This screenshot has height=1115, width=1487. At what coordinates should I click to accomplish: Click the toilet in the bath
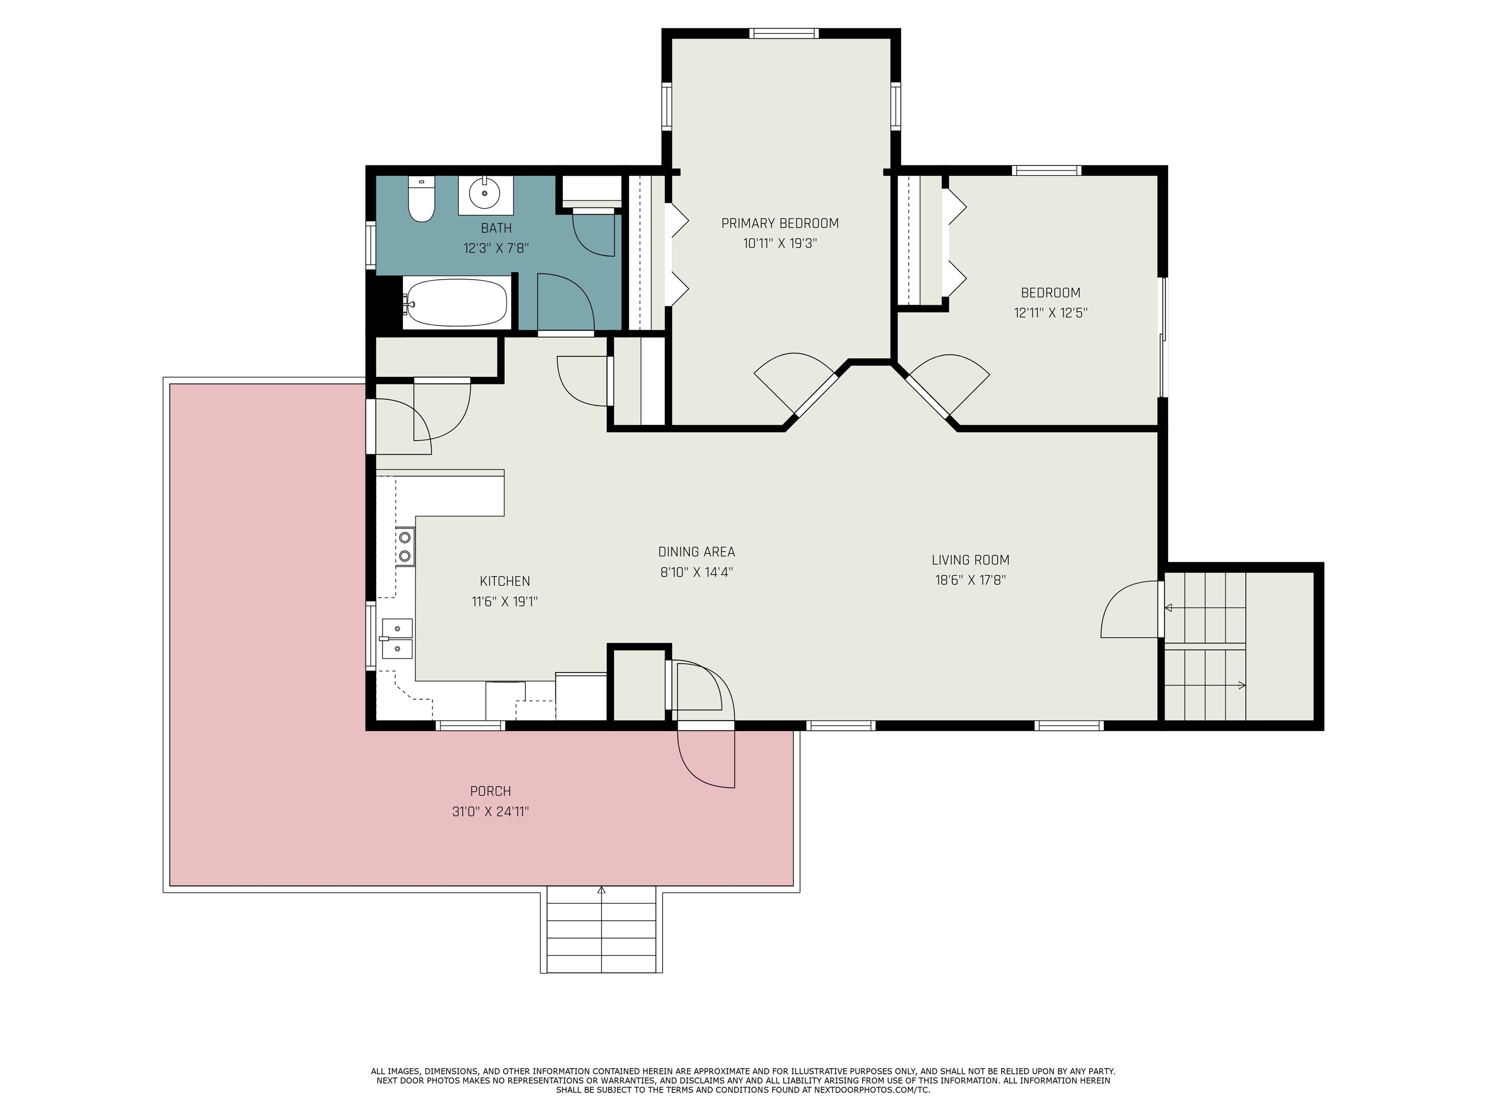tap(422, 199)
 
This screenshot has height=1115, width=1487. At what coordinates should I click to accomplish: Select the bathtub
tap(456, 303)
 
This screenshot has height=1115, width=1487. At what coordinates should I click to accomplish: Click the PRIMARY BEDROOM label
tap(780, 223)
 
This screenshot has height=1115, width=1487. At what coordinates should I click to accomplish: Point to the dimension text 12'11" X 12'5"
tap(1051, 313)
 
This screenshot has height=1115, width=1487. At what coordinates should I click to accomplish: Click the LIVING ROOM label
tap(970, 560)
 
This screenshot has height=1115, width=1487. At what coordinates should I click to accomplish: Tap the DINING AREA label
tap(697, 552)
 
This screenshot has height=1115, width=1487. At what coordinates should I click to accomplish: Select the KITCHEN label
tap(505, 581)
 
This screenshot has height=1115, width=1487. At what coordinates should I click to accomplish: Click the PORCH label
tap(491, 791)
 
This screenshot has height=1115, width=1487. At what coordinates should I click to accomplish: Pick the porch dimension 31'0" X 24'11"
tap(491, 811)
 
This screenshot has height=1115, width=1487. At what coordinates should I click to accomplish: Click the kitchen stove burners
tap(405, 546)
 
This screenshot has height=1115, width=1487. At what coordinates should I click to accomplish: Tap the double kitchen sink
tap(396, 638)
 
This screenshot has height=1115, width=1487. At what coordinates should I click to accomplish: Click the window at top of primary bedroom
tap(785, 33)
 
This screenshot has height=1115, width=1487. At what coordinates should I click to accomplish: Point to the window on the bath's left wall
tap(370, 245)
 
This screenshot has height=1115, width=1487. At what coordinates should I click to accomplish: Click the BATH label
tap(496, 228)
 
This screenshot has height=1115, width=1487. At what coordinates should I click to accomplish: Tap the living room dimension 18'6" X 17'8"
tap(970, 580)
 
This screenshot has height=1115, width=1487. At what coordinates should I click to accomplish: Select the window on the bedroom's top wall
tap(1047, 170)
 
